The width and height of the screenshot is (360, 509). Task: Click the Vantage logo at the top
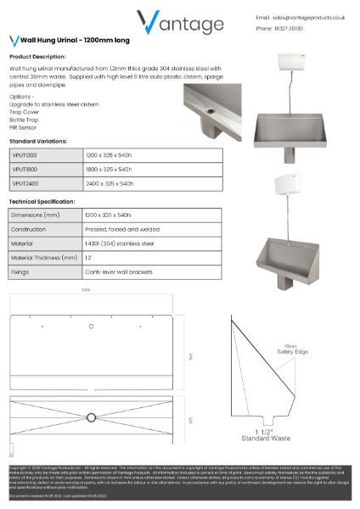(180, 22)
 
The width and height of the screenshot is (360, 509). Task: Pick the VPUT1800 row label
(25, 170)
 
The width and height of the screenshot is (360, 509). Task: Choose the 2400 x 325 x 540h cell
(110, 183)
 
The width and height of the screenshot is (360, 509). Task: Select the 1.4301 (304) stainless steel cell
(119, 243)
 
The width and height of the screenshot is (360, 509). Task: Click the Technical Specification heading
(42, 202)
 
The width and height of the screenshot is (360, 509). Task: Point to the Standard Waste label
(266, 439)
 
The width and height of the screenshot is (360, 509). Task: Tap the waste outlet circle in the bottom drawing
(91, 417)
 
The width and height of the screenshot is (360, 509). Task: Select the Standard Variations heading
(38, 141)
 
